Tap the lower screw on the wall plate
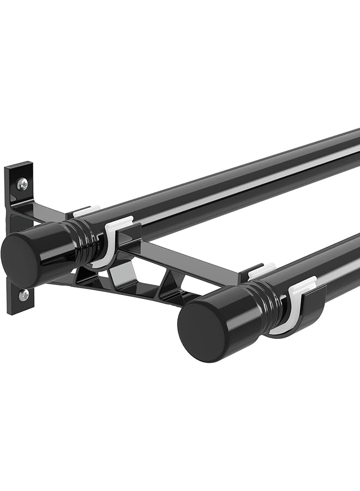(x=24, y=295)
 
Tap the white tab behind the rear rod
(x=86, y=210)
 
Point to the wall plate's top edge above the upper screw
(x=20, y=165)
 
